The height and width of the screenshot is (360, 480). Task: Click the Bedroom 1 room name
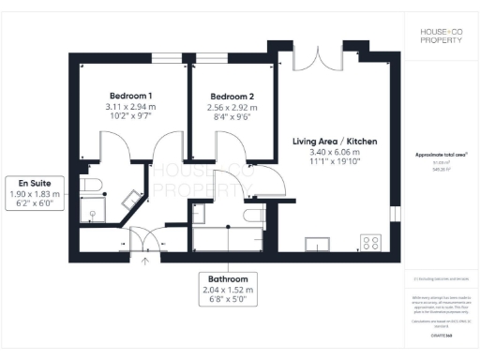coord(130,97)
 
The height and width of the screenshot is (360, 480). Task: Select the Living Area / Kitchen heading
coord(335,142)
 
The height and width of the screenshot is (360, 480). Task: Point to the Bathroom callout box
coord(228,291)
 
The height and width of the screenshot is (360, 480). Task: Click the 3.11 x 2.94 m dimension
coord(130,109)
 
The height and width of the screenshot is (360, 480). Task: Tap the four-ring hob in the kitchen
coord(371,242)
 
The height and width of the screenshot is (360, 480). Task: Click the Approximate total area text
coord(440,156)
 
